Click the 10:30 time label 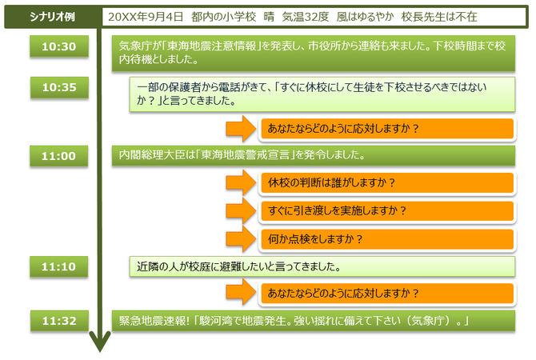pyautogui.click(x=59, y=46)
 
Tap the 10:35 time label pyautogui.click(x=59, y=87)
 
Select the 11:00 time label pyautogui.click(x=58, y=156)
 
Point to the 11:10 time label pyautogui.click(x=58, y=266)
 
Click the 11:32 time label pyautogui.click(x=59, y=321)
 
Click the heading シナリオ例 pyautogui.click(x=52, y=17)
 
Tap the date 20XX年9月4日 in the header pyautogui.click(x=146, y=17)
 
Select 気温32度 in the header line pyautogui.click(x=306, y=17)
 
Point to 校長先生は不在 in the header pyautogui.click(x=439, y=17)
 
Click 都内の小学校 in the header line pyautogui.click(x=223, y=17)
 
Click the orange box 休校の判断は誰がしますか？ pyautogui.click(x=387, y=183)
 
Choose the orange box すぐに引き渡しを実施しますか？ pyautogui.click(x=387, y=211)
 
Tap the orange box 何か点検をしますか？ pyautogui.click(x=387, y=239)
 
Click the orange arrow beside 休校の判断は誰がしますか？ pyautogui.click(x=242, y=183)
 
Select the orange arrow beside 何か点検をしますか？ pyautogui.click(x=242, y=239)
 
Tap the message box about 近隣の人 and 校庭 pyautogui.click(x=322, y=266)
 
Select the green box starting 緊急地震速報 pyautogui.click(x=314, y=321)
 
